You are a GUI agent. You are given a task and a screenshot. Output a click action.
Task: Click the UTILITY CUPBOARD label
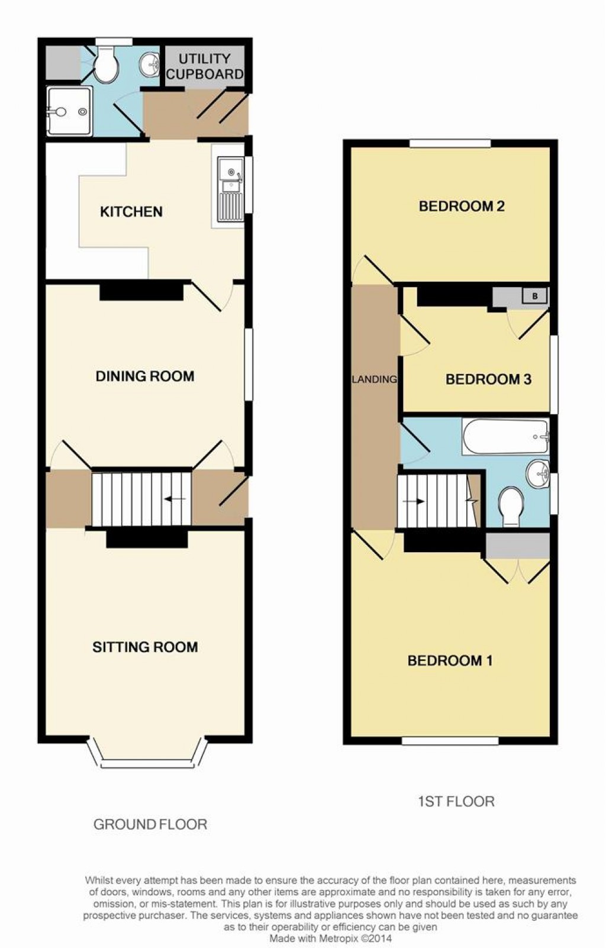pyautogui.click(x=205, y=66)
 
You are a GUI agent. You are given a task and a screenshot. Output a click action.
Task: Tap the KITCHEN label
pyautogui.click(x=131, y=212)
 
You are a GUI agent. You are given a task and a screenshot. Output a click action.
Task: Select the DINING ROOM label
pyautogui.click(x=145, y=376)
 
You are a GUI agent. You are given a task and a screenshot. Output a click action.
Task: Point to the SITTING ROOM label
pyautogui.click(x=145, y=647)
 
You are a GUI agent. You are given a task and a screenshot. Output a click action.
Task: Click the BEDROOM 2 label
pyautogui.click(x=462, y=206)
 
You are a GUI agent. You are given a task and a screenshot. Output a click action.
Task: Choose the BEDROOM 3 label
pyautogui.click(x=488, y=379)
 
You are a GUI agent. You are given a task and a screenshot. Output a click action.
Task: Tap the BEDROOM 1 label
pyautogui.click(x=450, y=660)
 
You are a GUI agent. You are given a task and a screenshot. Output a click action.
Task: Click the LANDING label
pyautogui.click(x=375, y=379)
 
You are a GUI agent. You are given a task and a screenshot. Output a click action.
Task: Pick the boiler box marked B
pyautogui.click(x=535, y=296)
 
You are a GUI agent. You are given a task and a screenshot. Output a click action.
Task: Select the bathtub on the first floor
pyautogui.click(x=506, y=437)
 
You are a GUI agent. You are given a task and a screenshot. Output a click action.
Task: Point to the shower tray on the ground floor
pyautogui.click(x=69, y=111)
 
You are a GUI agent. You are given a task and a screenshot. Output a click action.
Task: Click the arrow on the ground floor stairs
pyautogui.click(x=175, y=499)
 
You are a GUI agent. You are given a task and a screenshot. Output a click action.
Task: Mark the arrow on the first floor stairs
pyautogui.click(x=414, y=501)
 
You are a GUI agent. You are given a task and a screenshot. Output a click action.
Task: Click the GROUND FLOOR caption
pyautogui.click(x=150, y=824)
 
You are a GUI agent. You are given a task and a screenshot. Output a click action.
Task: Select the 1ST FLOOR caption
pyautogui.click(x=456, y=801)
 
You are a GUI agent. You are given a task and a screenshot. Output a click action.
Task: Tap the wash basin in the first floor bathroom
pyautogui.click(x=537, y=473)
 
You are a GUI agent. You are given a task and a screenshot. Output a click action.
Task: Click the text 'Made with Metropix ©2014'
pyautogui.click(x=330, y=939)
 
